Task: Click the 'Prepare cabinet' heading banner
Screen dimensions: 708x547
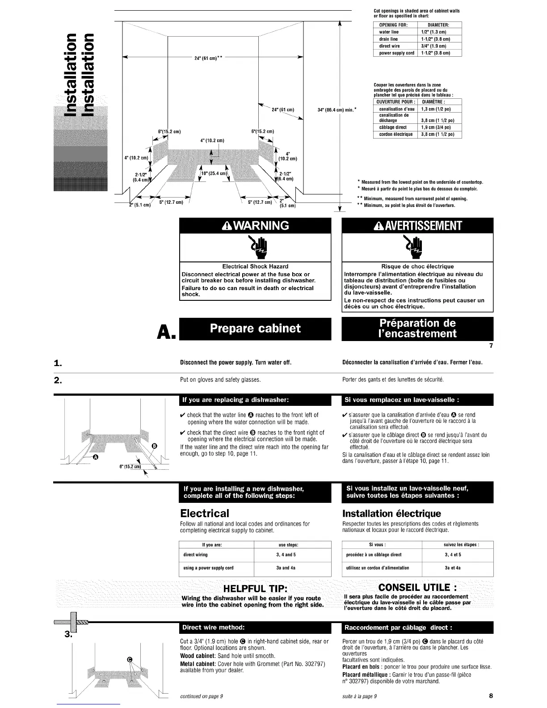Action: click(255, 329)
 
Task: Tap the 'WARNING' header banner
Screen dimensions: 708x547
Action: click(255, 225)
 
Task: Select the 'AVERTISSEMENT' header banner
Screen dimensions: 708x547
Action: click(417, 226)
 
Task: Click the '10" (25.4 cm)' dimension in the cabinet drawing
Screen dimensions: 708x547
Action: click(215, 173)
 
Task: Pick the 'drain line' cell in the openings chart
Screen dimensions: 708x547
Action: click(388, 39)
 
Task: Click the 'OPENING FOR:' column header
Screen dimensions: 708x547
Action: click(391, 25)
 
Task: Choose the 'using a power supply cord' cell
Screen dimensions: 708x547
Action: click(208, 568)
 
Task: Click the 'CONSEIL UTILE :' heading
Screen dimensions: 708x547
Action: click(417, 587)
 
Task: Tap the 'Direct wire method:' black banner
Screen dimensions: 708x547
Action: click(255, 627)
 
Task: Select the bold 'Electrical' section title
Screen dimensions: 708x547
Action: click(204, 513)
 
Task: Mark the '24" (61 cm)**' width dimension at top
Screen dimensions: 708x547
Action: click(209, 58)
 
